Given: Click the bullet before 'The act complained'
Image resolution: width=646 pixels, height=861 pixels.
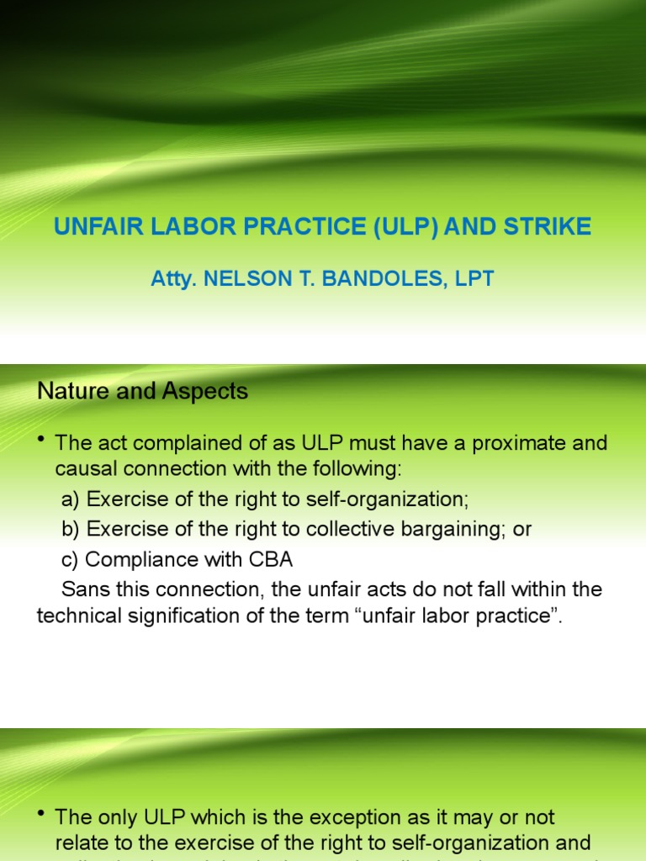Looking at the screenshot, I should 42,444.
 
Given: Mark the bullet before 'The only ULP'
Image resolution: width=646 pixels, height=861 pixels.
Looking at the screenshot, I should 42,817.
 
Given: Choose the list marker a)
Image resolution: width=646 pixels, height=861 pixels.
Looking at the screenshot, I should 71,499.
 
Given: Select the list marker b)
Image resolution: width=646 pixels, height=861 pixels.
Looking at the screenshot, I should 71,530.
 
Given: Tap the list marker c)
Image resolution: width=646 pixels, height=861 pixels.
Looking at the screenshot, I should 70,559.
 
